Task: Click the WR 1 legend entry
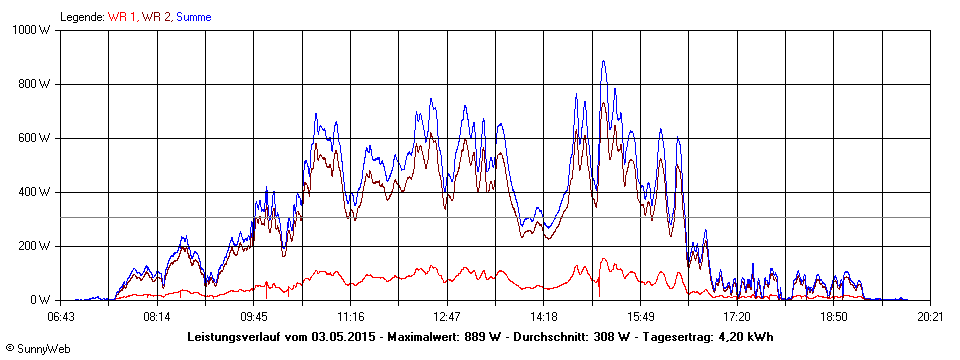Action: (122, 17)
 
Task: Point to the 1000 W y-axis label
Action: (32, 30)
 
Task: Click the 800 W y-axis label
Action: (35, 84)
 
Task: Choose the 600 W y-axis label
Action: (35, 138)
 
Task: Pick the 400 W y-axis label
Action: (35, 192)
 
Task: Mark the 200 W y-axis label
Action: (35, 246)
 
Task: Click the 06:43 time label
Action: (61, 317)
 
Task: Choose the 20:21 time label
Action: (930, 317)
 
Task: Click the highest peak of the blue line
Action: (603, 62)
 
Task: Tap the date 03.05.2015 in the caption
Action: (344, 337)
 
